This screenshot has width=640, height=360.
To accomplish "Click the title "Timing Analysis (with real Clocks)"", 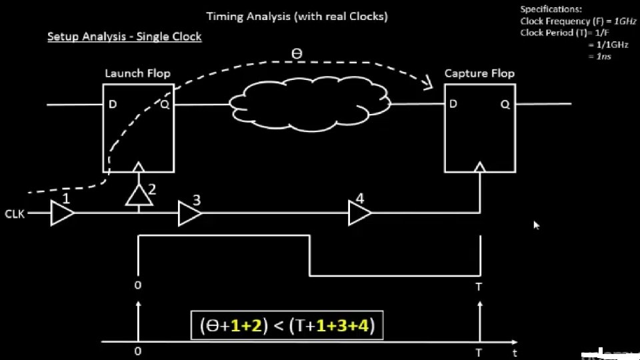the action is (297, 16).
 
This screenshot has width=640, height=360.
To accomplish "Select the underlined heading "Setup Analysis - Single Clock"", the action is (124, 37).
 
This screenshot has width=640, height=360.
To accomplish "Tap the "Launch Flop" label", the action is (137, 73).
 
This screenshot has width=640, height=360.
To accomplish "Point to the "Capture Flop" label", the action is (479, 73).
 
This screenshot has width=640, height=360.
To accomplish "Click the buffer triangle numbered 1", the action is (63, 214).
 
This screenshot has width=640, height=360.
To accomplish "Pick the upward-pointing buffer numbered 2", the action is (138, 195).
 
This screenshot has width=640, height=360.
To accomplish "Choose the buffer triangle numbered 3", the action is (189, 214).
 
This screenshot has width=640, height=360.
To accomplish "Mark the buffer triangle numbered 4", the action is (360, 214).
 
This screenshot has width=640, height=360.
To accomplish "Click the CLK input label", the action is (15, 215).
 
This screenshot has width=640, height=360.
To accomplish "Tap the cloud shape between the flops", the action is (310, 103).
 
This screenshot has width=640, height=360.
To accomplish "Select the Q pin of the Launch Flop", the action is (164, 103).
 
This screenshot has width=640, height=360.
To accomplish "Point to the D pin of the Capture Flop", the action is (453, 103).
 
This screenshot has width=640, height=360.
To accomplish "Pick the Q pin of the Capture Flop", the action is (505, 103).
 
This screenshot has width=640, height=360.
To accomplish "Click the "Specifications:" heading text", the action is (551, 9).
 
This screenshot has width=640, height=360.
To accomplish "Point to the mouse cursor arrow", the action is (536, 225).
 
